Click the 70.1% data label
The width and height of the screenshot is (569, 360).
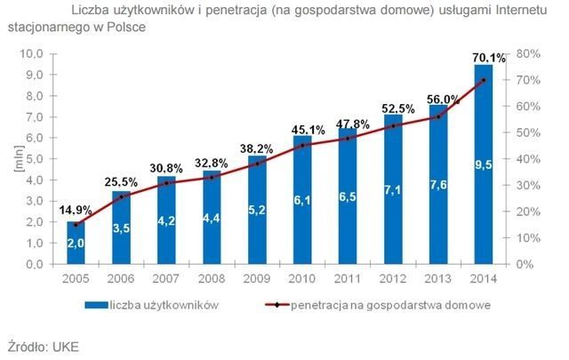(487, 58)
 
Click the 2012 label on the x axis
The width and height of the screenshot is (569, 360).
(393, 277)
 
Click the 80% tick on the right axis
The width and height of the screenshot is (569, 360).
(527, 54)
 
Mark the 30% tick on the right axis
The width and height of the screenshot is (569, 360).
(527, 186)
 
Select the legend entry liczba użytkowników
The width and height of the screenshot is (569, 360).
(165, 304)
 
